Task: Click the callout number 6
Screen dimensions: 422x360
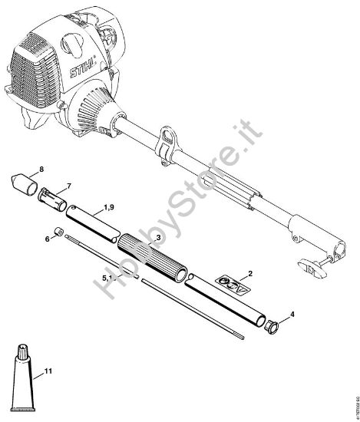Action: click(x=48, y=239)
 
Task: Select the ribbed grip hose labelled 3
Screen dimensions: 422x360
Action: click(x=151, y=258)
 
